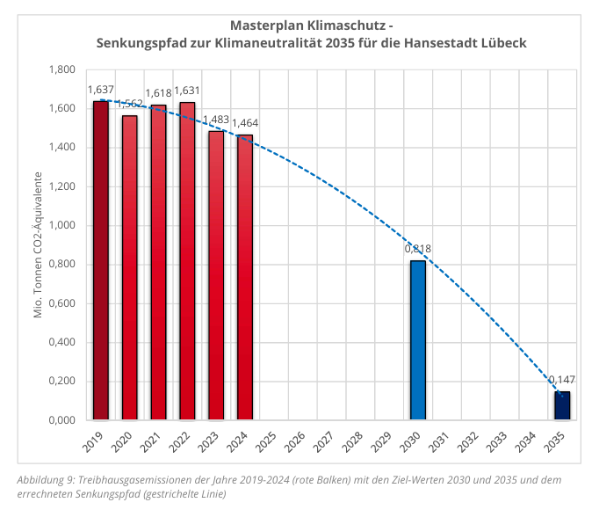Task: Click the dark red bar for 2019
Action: pyautogui.click(x=101, y=260)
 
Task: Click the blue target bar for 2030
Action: pyautogui.click(x=417, y=340)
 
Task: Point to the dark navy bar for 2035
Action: pyautogui.click(x=561, y=405)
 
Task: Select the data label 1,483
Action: pyautogui.click(x=216, y=120)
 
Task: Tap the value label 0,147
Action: pyautogui.click(x=561, y=380)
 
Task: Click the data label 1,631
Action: pyautogui.click(x=186, y=91)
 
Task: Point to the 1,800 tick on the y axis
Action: pyautogui.click(x=61, y=69)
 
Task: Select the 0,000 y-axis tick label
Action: pyautogui.click(x=61, y=420)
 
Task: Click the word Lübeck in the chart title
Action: pyautogui.click(x=503, y=42)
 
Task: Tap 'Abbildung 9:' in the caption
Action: pyautogui.click(x=46, y=480)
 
